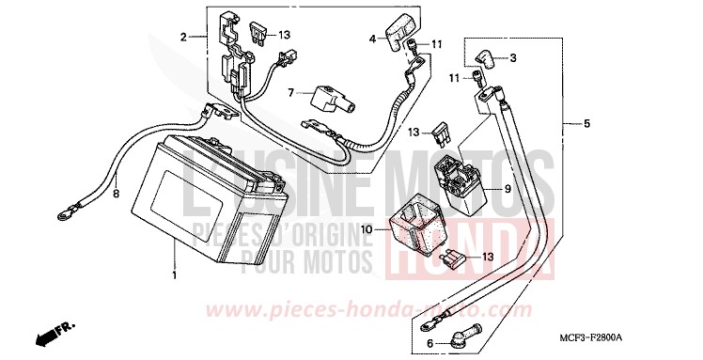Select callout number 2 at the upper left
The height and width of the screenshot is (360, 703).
[185, 38]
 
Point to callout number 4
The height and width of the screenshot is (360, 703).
[372, 39]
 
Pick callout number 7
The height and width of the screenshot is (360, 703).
[291, 92]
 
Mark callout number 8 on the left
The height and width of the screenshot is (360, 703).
[117, 195]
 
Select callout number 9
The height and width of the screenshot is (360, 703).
[507, 189]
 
